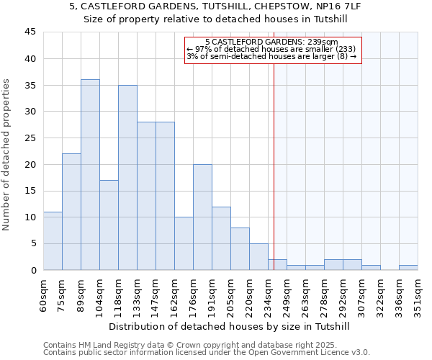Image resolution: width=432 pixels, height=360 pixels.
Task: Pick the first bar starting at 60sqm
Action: pyautogui.click(x=53, y=241)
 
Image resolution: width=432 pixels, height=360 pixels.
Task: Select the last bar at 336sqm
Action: pyautogui.click(x=408, y=268)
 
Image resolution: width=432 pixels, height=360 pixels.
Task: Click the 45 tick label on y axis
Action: pyautogui.click(x=30, y=32)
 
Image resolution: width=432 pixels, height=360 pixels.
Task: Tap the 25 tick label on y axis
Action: pyautogui.click(x=30, y=138)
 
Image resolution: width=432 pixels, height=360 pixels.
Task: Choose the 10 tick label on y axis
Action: pyautogui.click(x=30, y=217)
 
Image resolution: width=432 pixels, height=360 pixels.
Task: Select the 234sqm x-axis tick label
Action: pyautogui.click(x=269, y=295)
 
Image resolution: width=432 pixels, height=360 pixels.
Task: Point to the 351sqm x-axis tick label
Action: pyautogui.click(x=418, y=295)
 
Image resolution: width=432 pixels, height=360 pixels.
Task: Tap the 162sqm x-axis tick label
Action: pyautogui.click(x=175, y=295)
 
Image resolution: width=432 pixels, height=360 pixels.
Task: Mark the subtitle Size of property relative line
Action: pyautogui.click(x=216, y=19)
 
